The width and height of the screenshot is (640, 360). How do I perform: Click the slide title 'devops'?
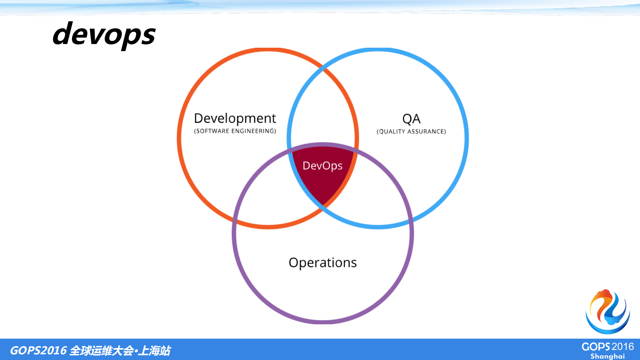[x=104, y=34]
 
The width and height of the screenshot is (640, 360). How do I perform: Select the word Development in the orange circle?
[x=235, y=118]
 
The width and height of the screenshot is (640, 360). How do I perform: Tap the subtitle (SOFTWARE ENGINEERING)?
[x=235, y=131]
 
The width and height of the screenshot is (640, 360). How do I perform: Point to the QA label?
[x=411, y=119]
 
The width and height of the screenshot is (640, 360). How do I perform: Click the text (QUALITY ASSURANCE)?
[x=411, y=131]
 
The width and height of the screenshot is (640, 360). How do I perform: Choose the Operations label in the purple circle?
[x=323, y=263]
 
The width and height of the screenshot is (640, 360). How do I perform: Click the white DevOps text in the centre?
[x=323, y=165]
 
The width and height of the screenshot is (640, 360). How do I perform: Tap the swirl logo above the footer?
[x=608, y=311]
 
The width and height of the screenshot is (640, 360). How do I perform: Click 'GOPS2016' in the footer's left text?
[x=38, y=350]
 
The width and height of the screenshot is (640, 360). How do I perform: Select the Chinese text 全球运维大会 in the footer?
[x=102, y=350]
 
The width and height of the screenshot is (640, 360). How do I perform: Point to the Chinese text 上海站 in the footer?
[x=154, y=350]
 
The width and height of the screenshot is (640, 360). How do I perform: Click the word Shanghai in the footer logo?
[x=608, y=356]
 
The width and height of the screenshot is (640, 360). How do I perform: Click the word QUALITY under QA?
[x=391, y=131]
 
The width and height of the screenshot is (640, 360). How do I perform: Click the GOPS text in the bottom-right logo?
[x=596, y=347]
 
